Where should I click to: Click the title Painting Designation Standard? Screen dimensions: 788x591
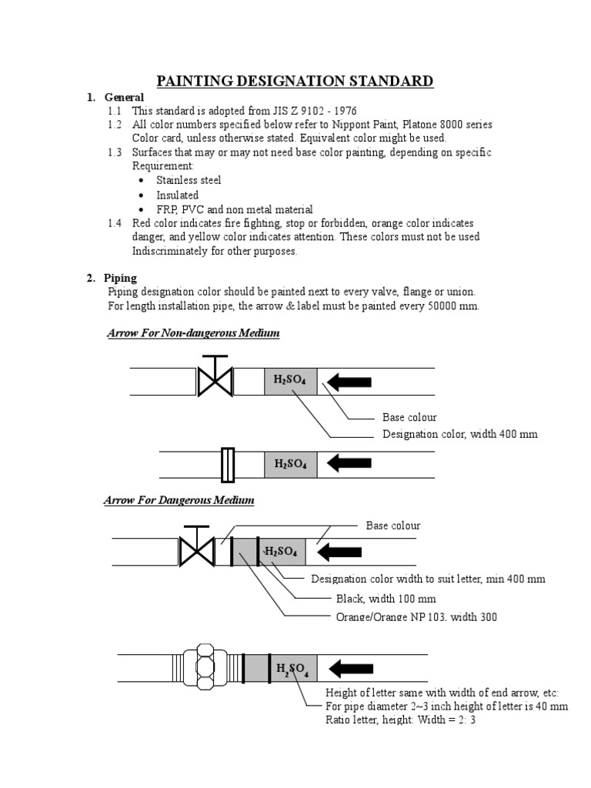[x=295, y=81]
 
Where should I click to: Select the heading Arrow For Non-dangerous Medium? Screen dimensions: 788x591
[x=192, y=333]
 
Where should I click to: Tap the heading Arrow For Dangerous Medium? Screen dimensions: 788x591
[x=179, y=500]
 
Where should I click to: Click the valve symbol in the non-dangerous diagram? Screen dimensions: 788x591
[x=215, y=379]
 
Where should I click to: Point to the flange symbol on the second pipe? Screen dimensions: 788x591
[x=227, y=464]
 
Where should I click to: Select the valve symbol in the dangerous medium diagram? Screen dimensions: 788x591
[x=196, y=549]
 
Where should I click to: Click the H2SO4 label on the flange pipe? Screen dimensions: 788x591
[x=290, y=464]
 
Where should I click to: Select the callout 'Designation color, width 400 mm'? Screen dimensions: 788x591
[x=460, y=434]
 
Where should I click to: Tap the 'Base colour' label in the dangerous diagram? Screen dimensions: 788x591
[x=393, y=526]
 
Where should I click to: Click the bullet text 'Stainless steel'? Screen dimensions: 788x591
[x=189, y=180]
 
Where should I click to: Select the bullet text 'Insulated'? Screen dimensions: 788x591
[x=177, y=195]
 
